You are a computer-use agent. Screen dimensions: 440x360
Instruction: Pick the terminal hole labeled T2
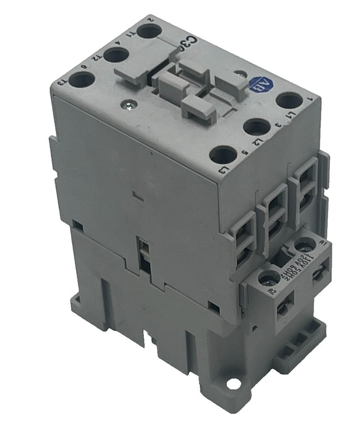[x=116, y=55]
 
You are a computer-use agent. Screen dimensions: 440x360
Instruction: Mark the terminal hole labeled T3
[x=82, y=80]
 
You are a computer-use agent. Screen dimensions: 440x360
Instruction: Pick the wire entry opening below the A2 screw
[x=283, y=306]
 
